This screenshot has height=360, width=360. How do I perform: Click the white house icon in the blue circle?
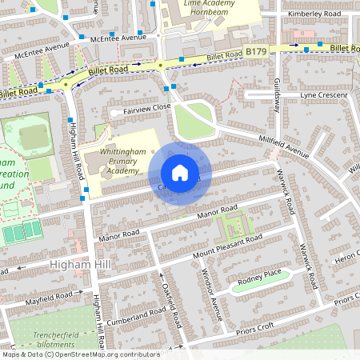tap(180, 173)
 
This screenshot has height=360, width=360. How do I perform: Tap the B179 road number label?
tap(256, 51)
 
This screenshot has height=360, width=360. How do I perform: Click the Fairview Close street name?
tap(146, 107)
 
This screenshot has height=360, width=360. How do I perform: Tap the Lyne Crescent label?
tap(324, 95)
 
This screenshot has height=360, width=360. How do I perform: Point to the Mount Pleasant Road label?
tap(227, 247)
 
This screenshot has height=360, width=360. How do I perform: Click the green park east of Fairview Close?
tap(194, 120)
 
